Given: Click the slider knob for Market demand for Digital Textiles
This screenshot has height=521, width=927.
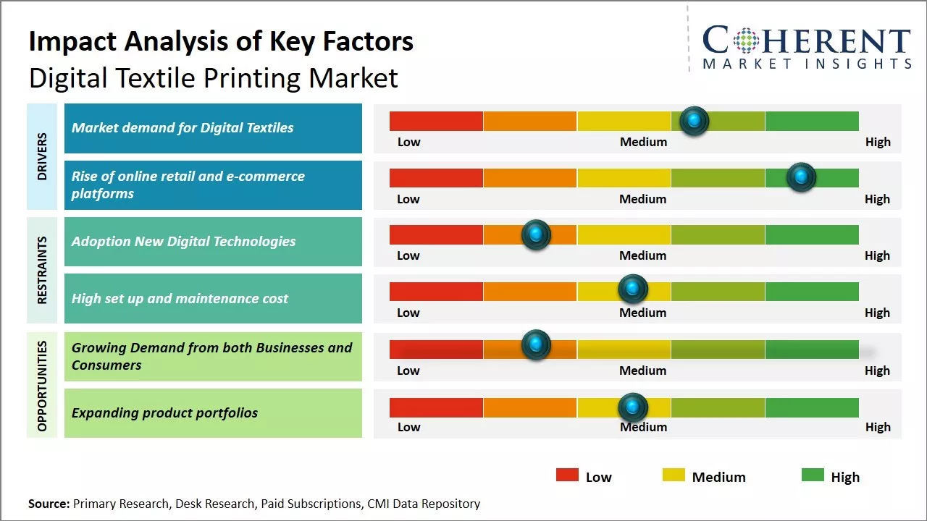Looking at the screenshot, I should (695, 121).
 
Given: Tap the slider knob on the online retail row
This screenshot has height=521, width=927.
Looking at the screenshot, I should (801, 177).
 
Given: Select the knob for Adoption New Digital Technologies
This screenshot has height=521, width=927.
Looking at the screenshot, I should (536, 234).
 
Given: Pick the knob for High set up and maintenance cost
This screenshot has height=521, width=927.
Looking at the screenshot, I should (633, 289).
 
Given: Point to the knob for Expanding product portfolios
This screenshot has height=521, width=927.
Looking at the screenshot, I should (633, 407).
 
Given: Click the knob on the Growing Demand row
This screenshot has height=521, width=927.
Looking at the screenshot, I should (536, 344).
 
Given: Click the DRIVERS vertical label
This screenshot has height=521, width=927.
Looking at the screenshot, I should (42, 156).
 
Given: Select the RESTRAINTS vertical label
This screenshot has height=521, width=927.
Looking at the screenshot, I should (42, 270).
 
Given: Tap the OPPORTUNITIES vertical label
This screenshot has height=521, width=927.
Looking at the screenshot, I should (42, 386).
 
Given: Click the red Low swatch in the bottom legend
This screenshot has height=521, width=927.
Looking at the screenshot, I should (567, 475).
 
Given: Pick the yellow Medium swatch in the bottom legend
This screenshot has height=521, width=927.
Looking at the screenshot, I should (674, 475).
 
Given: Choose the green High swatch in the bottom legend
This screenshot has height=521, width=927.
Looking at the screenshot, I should (813, 475).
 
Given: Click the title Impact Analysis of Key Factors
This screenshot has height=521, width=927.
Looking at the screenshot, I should (221, 42).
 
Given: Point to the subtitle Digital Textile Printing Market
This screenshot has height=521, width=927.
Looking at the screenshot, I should (214, 77).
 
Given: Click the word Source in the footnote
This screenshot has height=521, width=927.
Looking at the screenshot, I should (49, 504).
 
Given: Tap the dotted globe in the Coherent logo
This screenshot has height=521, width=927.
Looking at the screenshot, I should (747, 41).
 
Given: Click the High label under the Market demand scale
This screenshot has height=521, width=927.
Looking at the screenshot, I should (878, 142).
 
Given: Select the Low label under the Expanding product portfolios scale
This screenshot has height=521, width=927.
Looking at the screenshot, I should (408, 427).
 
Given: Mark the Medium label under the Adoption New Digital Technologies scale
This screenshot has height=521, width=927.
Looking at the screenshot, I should (642, 255).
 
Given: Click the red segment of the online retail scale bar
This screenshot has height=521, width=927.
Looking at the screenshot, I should (436, 177).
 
